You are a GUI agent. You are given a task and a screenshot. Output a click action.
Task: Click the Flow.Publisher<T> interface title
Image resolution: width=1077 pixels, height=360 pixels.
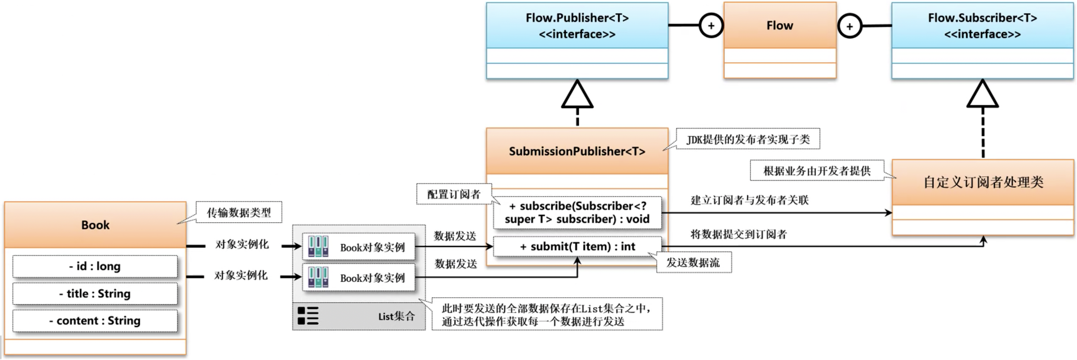coord(577,26)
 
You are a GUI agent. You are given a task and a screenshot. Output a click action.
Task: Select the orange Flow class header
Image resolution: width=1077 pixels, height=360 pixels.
coord(780,26)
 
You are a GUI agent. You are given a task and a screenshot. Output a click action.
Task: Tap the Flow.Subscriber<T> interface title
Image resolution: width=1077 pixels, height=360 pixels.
coord(982,26)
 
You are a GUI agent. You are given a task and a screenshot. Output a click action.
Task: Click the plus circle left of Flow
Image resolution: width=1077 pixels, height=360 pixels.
coord(711,26)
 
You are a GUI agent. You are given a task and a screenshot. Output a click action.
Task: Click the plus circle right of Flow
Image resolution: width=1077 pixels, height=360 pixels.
coord(849,26)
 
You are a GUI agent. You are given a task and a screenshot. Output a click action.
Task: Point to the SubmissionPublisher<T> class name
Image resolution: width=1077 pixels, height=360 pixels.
coord(577,151)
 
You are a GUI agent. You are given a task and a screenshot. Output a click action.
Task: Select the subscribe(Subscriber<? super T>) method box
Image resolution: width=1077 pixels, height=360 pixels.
coord(577,212)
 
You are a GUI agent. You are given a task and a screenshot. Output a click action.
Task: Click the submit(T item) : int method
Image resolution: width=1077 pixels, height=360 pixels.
coord(577,247)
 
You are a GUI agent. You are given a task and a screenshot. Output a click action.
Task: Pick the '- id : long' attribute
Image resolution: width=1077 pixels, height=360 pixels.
coord(95,266)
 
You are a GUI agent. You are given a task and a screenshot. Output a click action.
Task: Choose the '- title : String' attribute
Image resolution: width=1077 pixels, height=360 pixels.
coord(95,293)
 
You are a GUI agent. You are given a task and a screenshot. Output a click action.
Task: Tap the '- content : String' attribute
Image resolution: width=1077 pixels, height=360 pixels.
coord(95,321)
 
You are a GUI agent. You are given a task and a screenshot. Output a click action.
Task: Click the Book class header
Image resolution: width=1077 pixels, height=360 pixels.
coord(95,225)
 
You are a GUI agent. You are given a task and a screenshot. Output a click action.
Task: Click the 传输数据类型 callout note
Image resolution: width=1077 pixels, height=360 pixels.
coord(239,212)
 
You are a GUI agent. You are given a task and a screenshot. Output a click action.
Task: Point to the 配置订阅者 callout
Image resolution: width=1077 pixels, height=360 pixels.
coord(453,194)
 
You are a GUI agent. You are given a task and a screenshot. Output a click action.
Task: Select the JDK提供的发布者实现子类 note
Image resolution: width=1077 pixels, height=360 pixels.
coord(748,139)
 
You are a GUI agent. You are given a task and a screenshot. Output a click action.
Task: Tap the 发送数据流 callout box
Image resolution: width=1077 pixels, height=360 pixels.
coord(693,263)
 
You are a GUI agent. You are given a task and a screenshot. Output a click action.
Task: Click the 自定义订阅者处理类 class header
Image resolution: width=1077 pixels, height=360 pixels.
coord(983,182)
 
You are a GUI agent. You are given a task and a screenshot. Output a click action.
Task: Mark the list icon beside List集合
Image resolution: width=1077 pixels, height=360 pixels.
coord(308,316)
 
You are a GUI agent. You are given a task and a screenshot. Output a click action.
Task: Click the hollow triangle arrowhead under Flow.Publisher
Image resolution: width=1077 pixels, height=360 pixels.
coord(577,95)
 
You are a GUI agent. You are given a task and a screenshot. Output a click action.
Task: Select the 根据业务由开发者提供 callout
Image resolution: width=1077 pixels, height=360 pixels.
coord(817,170)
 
